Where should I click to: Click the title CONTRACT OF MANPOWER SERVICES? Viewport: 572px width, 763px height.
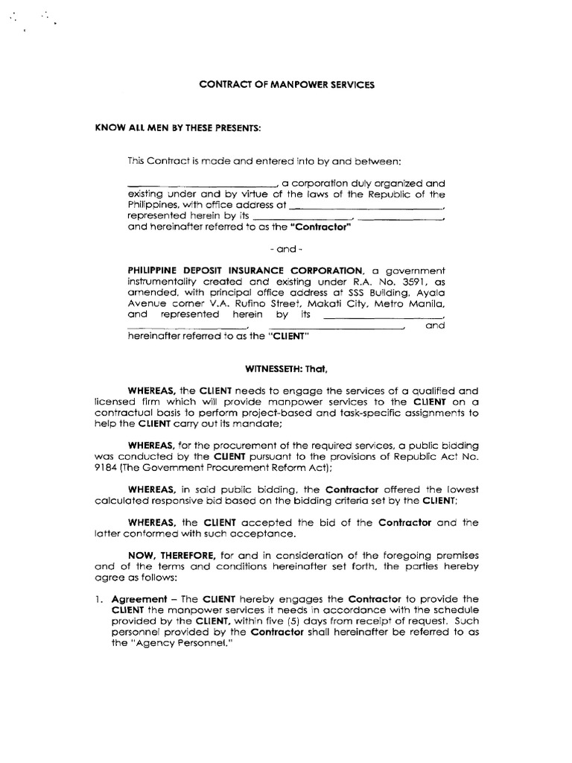287,85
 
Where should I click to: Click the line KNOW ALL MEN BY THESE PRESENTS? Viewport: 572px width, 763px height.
178,128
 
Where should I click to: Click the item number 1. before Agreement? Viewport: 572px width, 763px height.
101,598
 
